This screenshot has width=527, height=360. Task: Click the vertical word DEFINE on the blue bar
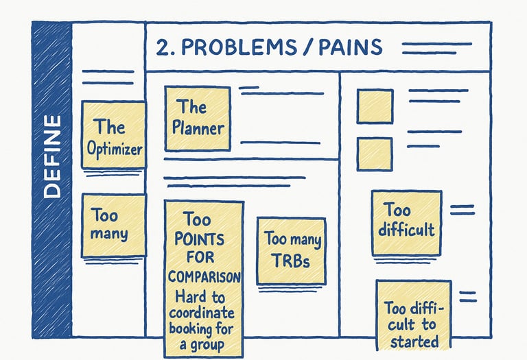tap(51, 157)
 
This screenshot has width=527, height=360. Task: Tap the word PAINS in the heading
tap(347, 47)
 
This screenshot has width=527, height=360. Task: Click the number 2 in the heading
tap(163, 47)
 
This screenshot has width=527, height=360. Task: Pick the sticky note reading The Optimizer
tap(113, 134)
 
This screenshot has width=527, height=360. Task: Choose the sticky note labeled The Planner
tap(198, 118)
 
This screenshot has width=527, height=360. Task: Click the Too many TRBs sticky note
tap(292, 250)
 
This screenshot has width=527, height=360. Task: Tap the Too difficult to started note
tap(413, 314)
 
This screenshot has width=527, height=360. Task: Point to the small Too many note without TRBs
tap(113, 226)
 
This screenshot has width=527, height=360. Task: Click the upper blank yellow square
tap(375, 106)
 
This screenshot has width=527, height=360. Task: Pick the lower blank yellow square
tap(375, 154)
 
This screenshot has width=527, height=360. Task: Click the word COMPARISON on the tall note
tap(204, 277)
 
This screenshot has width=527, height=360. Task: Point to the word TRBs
tap(292, 260)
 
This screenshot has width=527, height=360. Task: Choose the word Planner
tap(198, 128)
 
